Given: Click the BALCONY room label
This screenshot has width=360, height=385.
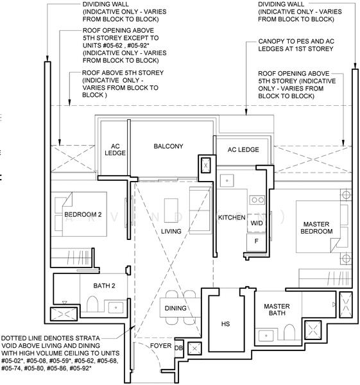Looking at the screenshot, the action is tap(168, 146).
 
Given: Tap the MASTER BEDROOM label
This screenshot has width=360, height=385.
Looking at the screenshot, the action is tap(316, 228).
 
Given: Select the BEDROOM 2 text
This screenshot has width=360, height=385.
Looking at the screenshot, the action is tap(83, 214).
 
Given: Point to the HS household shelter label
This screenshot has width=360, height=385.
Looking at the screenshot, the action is tap(225, 324).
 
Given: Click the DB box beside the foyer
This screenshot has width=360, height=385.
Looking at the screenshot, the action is tap(179, 348).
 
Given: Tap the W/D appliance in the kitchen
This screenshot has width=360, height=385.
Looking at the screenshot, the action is tap(257, 223).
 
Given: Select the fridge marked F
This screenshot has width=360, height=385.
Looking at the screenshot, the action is tap(256, 242).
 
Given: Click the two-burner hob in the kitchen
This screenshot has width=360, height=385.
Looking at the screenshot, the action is tap(257, 200).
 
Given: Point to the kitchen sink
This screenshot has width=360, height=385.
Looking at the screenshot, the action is tap(227, 180).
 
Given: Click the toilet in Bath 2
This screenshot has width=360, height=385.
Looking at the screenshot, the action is tap(92, 304).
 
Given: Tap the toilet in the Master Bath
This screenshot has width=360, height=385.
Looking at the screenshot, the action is tap(289, 332).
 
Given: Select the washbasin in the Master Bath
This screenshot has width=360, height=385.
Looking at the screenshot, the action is tap(266, 336).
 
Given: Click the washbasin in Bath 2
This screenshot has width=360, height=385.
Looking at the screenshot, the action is tap(116, 307).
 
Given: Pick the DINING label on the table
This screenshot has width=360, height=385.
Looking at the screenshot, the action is tap(175, 308).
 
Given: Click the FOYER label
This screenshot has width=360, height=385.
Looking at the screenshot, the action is tap(160, 346).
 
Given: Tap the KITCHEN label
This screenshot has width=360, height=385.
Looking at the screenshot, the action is tap(232, 218).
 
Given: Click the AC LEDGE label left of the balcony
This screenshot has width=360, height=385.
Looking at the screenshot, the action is tap(115, 150).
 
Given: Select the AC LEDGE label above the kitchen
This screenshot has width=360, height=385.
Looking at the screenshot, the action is tap(243, 150).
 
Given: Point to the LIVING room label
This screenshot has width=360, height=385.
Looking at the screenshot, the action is tap(171, 231).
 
